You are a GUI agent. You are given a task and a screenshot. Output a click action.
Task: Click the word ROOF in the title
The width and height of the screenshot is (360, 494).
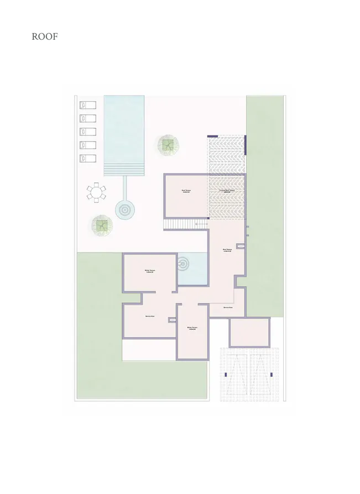(x=45, y=37)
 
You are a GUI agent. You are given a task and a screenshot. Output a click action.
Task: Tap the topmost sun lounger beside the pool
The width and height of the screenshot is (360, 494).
(x=88, y=104)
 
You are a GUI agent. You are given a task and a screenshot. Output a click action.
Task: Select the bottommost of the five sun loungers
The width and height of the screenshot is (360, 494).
(x=88, y=158)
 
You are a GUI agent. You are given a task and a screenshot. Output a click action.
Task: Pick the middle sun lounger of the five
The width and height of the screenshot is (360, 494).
(x=88, y=132)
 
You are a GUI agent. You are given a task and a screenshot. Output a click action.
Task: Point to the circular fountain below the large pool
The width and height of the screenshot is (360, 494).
(x=124, y=209)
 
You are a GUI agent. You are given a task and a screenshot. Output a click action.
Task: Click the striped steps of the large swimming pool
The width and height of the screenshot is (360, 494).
(x=124, y=169)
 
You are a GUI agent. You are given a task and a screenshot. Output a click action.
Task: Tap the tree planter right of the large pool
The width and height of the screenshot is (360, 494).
(x=168, y=145)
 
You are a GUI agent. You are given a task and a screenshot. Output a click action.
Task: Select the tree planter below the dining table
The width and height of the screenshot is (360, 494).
(x=102, y=225)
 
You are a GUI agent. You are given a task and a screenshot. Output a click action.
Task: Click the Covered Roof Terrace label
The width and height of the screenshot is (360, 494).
(x=227, y=191)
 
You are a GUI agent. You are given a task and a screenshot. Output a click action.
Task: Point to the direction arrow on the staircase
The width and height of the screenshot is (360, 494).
(x=196, y=224)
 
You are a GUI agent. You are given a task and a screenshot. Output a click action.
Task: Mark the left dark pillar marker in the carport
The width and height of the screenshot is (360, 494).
(x=227, y=375)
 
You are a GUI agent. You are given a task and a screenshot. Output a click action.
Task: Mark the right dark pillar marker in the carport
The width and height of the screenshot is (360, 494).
(x=272, y=375)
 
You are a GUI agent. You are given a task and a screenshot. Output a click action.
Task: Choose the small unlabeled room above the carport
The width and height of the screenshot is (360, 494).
(x=249, y=332)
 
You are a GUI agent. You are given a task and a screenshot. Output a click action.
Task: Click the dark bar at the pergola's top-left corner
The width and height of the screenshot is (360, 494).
(x=213, y=136)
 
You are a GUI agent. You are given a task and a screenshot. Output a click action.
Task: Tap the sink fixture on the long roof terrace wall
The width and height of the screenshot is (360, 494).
(x=241, y=245)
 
